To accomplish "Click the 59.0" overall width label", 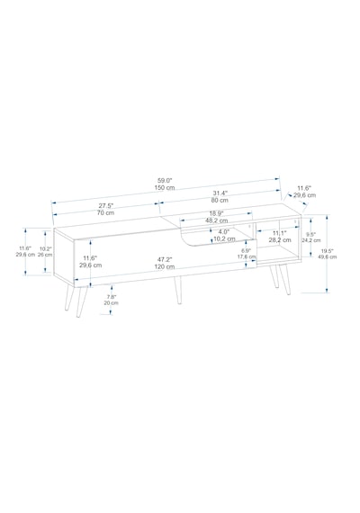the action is (x=165, y=180).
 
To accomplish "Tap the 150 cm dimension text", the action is (x=165, y=188).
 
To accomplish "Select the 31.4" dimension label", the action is (x=220, y=193).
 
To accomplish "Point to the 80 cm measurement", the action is (x=220, y=200).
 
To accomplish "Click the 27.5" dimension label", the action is (x=105, y=206).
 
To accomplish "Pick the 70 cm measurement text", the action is (x=105, y=213).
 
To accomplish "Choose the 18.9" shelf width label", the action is (x=216, y=213).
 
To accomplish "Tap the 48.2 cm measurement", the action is (x=216, y=220).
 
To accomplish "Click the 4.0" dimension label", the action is (x=224, y=231).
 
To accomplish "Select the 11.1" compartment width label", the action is (x=280, y=233).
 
